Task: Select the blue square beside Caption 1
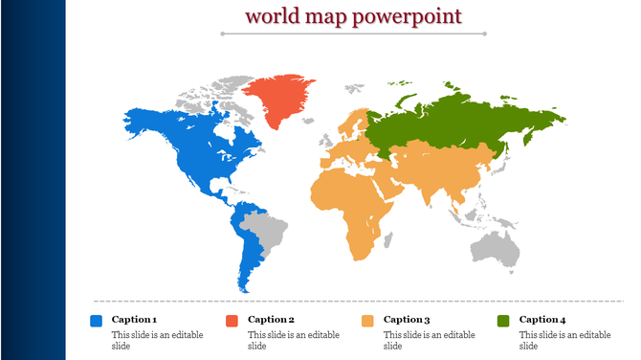(x=96, y=321)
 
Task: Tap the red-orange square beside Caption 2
(x=232, y=321)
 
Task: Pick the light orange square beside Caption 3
(x=367, y=321)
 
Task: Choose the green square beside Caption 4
(x=503, y=321)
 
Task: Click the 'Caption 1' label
(x=134, y=319)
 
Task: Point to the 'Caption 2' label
(x=271, y=319)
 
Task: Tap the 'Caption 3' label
(x=407, y=319)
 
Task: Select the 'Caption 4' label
(x=542, y=319)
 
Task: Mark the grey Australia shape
(x=497, y=248)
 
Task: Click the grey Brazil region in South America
(x=266, y=231)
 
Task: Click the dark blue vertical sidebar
(x=33, y=180)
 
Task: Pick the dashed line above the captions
(x=353, y=301)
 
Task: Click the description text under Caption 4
(x=564, y=340)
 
